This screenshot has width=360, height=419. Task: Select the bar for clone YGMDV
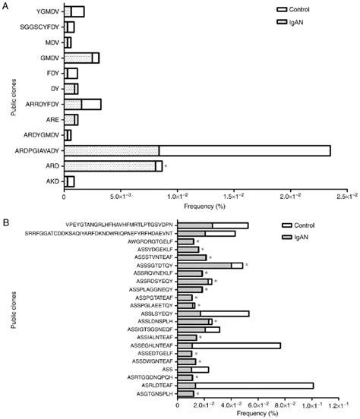[x=74, y=11]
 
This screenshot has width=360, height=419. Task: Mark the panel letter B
[x=6, y=222]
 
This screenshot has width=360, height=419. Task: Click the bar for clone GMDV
[x=81, y=58]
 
